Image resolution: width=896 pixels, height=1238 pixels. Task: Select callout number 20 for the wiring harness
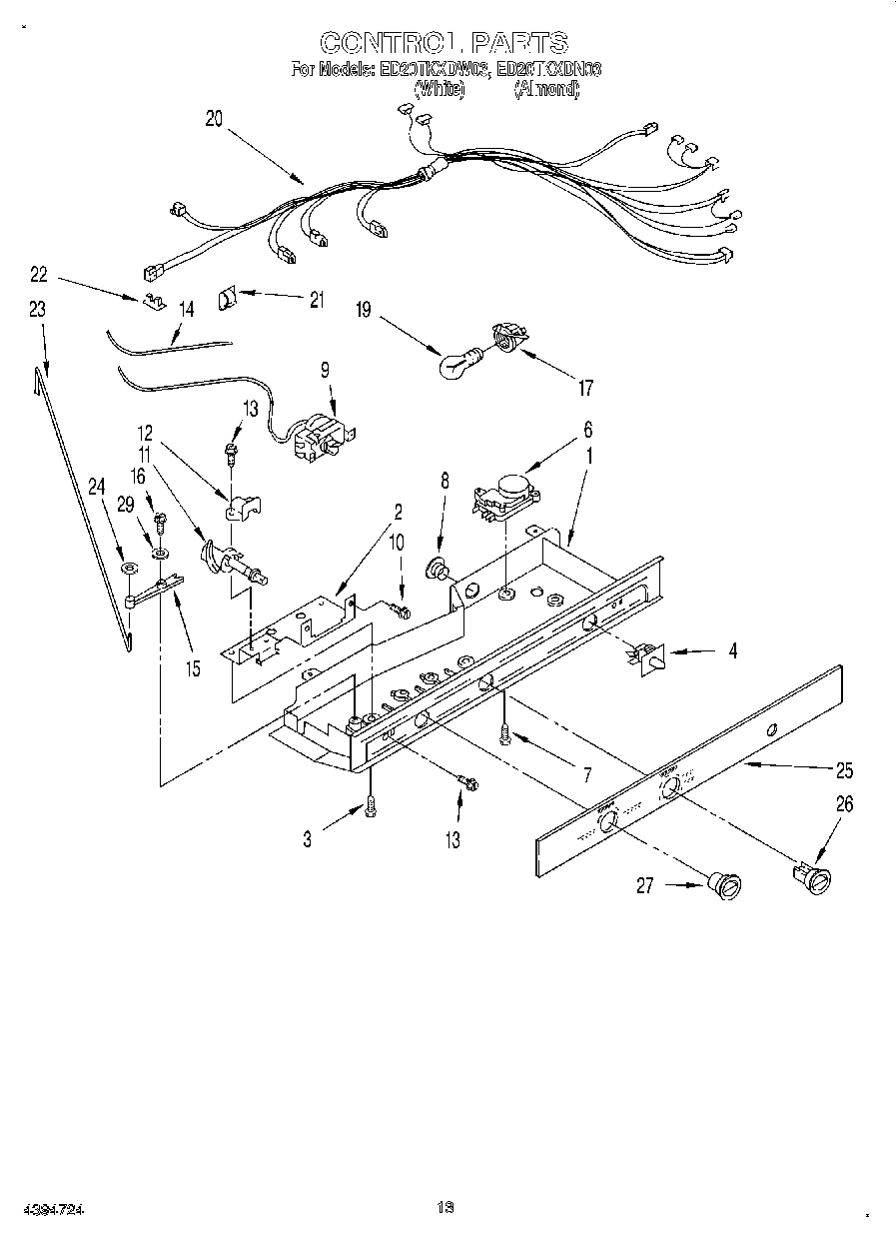[214, 117]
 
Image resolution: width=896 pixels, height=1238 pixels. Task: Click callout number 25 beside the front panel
[844, 769]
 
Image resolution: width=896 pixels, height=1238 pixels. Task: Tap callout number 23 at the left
[38, 310]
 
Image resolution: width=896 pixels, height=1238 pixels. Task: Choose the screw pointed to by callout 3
[371, 806]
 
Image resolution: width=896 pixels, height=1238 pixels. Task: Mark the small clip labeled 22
[153, 301]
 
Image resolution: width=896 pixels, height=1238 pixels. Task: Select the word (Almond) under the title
[545, 88]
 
